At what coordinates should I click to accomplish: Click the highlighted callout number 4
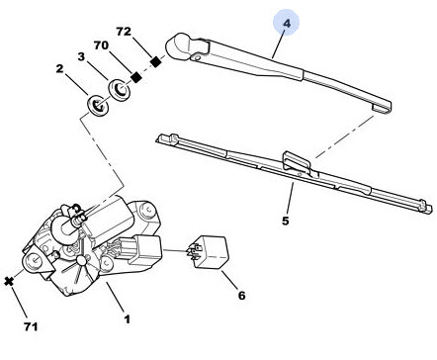(287, 24)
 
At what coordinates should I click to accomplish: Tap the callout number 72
(124, 32)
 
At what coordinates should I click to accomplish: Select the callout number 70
(101, 45)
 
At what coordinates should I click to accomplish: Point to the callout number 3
(81, 56)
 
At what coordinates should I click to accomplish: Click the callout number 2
(59, 68)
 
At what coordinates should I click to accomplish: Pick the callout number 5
(286, 221)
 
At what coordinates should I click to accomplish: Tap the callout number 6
(241, 296)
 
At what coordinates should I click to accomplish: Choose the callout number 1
(128, 318)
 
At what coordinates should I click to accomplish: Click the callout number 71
(31, 326)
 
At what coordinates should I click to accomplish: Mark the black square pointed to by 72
(156, 61)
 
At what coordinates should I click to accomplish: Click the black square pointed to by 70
(136, 77)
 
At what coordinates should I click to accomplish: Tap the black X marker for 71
(9, 282)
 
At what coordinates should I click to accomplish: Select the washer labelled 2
(98, 106)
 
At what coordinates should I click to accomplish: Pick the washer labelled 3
(120, 90)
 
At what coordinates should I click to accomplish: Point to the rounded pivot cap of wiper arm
(177, 45)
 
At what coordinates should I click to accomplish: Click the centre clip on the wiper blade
(297, 162)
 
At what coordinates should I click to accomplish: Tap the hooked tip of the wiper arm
(382, 106)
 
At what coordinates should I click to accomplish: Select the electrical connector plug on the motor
(145, 249)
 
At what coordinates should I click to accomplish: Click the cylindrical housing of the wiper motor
(106, 219)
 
